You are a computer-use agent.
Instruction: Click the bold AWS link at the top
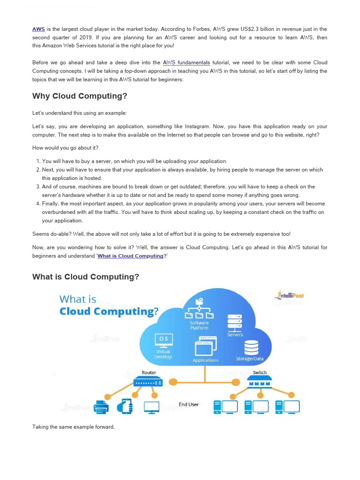pos(38,29)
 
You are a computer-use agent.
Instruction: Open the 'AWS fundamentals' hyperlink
pos(186,62)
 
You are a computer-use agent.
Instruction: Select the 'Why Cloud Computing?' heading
pos(80,96)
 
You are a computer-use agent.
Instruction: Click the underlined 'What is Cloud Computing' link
pos(130,256)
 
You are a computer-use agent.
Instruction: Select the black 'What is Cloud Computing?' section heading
pos(86,277)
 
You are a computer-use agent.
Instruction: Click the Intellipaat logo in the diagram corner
pos(289,295)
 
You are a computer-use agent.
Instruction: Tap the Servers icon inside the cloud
pos(235,322)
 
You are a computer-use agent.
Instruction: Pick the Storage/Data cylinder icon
pos(251,347)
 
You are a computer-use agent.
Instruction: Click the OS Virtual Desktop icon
pos(163,339)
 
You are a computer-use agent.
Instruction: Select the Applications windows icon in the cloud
pos(205,347)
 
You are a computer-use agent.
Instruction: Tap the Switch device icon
pos(259,383)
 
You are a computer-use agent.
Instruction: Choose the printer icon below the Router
pos(101,406)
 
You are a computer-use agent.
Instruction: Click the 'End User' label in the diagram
pos(188,405)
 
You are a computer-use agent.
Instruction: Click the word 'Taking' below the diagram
pos(40,427)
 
